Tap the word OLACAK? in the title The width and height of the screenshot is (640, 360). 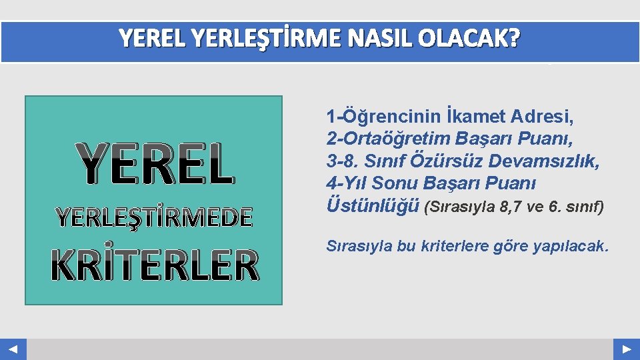point(469,39)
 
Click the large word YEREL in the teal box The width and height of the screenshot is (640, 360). point(155,165)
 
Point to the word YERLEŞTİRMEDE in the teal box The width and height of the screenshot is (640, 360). point(155,217)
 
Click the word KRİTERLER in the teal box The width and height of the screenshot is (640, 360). point(155,265)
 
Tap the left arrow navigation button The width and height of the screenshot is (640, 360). point(13,349)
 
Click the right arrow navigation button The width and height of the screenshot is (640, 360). point(627,349)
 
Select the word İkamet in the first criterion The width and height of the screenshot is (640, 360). point(476,117)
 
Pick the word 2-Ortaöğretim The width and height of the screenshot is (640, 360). point(389,139)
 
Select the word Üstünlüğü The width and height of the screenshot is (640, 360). point(373,205)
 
